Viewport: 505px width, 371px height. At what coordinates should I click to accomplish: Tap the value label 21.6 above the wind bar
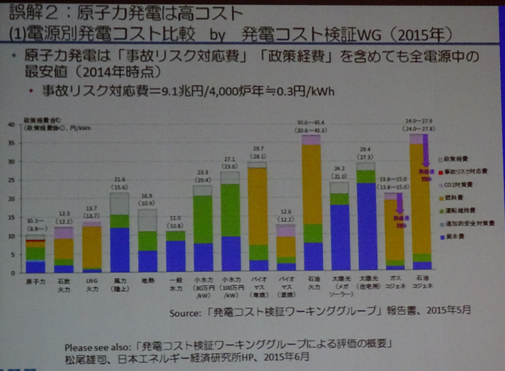tap(118, 179)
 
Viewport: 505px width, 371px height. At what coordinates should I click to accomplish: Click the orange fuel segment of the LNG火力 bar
tap(91, 246)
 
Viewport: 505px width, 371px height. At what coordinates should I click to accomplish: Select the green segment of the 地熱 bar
tap(147, 240)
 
